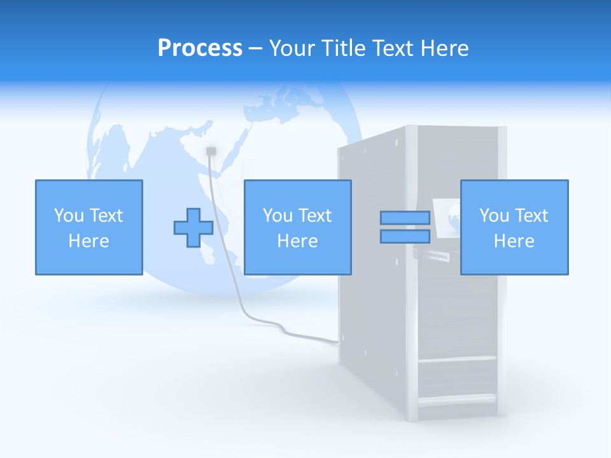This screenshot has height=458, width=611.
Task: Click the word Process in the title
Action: pos(200,48)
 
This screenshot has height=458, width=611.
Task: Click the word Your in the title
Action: pos(290,48)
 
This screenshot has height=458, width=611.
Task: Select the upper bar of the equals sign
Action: pos(405,218)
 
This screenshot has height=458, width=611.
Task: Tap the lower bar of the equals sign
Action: pos(405,236)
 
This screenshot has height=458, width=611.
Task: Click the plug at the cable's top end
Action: pos(211,151)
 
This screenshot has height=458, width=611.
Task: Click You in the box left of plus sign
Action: pos(68,215)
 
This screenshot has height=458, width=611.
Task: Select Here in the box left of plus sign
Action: pos(88,241)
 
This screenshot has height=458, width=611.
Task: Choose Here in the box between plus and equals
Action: pos(297,241)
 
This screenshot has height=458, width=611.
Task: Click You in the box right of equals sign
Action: pos(493,215)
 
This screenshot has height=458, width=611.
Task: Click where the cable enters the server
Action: pos(337,342)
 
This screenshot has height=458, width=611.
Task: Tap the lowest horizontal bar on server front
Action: pos(456,400)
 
